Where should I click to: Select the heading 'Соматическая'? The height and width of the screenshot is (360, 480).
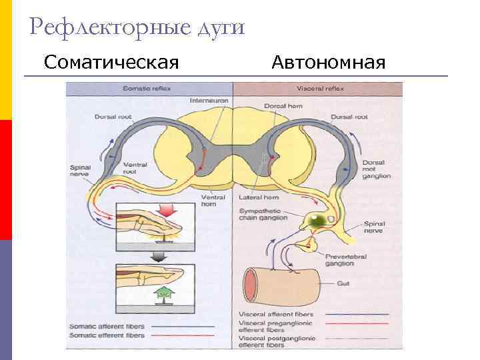(111, 63)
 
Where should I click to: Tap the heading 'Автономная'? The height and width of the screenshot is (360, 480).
(329, 63)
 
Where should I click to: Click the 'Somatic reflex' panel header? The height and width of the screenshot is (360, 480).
(148, 88)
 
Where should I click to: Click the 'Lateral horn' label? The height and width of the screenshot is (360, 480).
(255, 198)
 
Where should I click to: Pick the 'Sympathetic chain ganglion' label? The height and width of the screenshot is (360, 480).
(262, 214)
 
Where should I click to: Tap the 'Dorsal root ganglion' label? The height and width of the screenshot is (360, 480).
(376, 169)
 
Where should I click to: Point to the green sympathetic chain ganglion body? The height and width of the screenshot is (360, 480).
(314, 220)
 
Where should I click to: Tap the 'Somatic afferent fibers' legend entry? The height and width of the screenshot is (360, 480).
(107, 326)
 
